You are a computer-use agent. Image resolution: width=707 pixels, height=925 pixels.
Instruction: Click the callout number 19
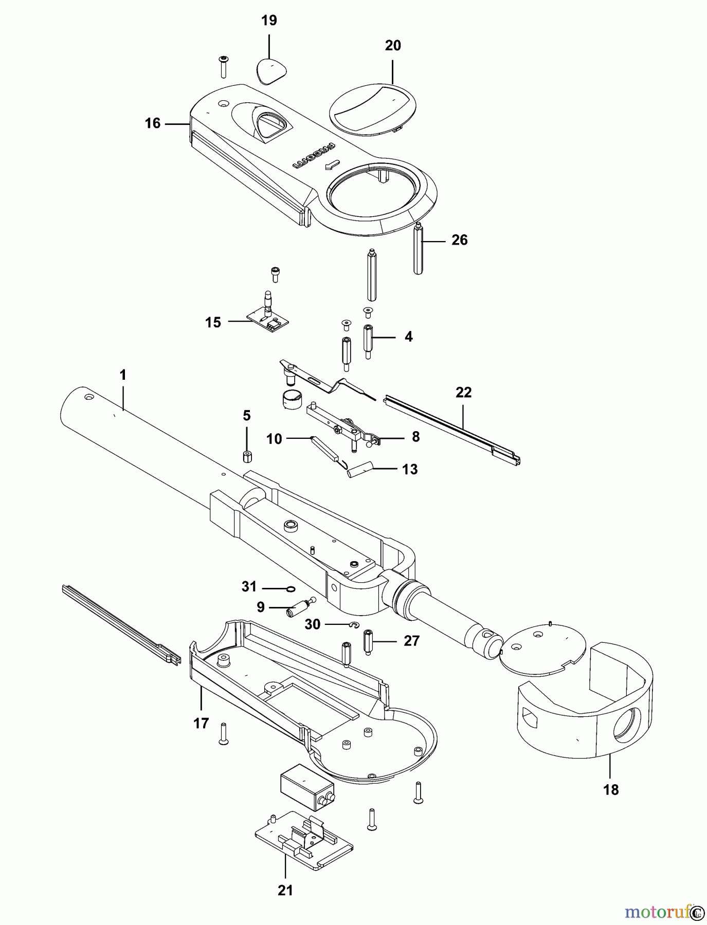click(x=269, y=21)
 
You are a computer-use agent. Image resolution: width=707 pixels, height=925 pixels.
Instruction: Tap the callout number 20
click(x=393, y=46)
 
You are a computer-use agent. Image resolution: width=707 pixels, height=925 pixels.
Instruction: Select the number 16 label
click(x=153, y=123)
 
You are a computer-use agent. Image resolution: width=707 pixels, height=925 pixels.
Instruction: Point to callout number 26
click(x=459, y=240)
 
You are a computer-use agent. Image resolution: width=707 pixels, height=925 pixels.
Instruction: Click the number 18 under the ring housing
click(x=611, y=790)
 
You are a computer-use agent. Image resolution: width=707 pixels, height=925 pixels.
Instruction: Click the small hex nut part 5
click(x=247, y=456)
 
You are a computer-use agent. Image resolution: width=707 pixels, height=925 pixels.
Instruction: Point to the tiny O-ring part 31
click(x=290, y=589)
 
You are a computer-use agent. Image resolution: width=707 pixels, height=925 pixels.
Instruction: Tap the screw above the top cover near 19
click(x=224, y=67)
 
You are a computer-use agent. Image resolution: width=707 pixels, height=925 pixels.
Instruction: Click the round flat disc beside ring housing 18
click(x=543, y=647)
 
